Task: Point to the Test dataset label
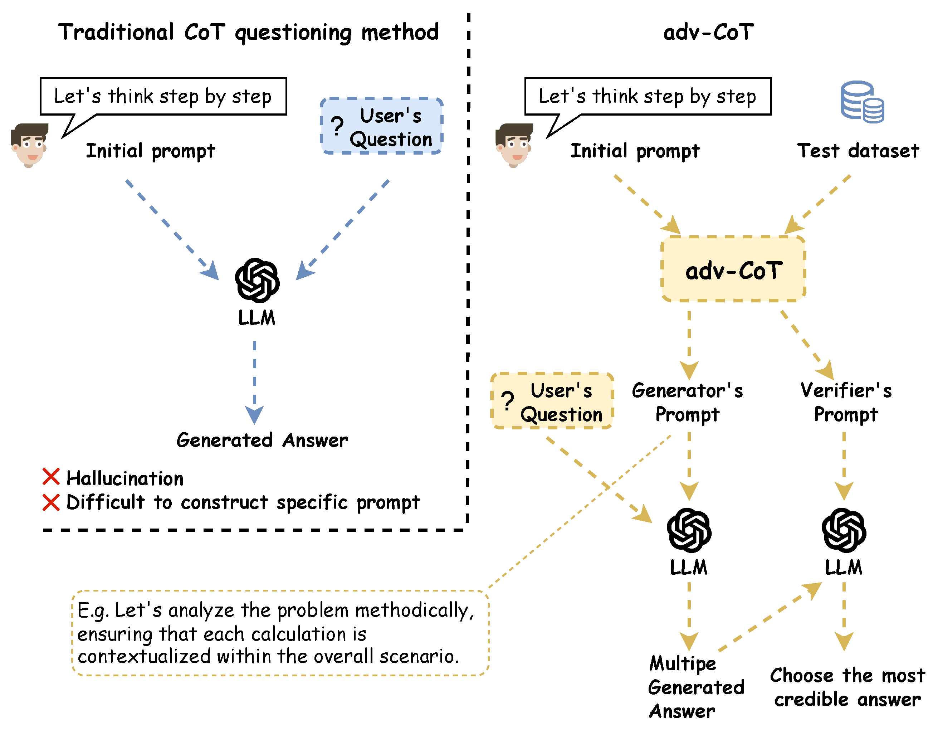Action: [x=858, y=151]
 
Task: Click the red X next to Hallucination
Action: [x=51, y=477]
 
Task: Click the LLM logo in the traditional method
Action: [x=257, y=281]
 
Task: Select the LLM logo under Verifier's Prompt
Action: [x=844, y=530]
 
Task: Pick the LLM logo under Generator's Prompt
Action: [x=689, y=530]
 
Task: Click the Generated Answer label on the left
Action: [x=262, y=441]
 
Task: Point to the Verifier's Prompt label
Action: [x=846, y=402]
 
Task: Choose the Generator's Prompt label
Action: [x=687, y=402]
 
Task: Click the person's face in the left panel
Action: [x=29, y=145]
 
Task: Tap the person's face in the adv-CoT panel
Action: [x=514, y=145]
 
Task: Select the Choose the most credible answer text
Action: [x=847, y=688]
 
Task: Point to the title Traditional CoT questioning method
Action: [x=248, y=33]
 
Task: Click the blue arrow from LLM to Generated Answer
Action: [x=255, y=380]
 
